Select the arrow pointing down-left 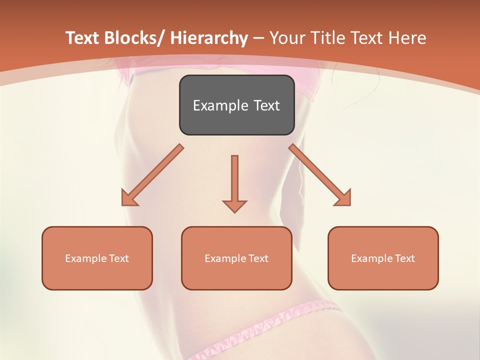point(152,175)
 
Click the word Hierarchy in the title point(209,38)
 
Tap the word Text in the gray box point(266,105)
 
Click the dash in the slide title point(258,38)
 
